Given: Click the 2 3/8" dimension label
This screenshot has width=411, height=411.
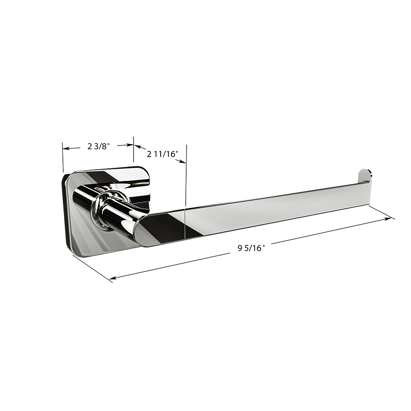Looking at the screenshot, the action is [x=98, y=147].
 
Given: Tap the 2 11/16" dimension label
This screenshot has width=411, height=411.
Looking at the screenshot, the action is [x=162, y=154].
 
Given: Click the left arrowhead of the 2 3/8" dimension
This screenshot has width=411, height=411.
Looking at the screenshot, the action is [x=66, y=148].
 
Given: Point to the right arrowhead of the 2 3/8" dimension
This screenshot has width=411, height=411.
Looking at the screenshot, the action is [x=130, y=145].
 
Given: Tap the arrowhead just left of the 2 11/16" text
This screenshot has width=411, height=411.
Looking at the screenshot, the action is [x=137, y=147].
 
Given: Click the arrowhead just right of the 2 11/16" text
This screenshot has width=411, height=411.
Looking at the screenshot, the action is [x=183, y=162].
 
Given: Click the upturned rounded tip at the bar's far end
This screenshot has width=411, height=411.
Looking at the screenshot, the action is [x=365, y=175].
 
